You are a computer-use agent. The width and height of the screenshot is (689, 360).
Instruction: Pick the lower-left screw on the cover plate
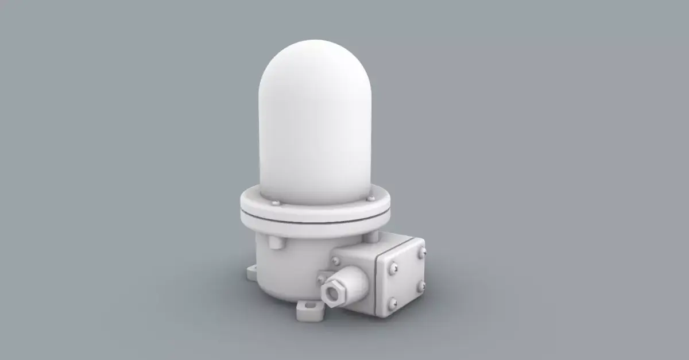(x=393, y=303)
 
